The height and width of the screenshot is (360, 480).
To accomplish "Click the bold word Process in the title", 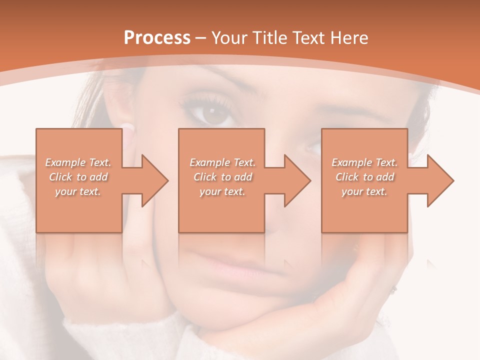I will click(x=157, y=38).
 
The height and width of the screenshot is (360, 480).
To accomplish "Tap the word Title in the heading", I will click(x=268, y=38).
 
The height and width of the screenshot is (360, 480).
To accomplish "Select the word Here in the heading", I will click(x=348, y=38).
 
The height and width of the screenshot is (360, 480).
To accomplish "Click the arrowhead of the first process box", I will click(x=152, y=180).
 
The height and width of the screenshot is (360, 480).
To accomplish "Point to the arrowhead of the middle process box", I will click(x=295, y=180).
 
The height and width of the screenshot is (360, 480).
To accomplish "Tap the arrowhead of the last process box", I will click(x=438, y=180).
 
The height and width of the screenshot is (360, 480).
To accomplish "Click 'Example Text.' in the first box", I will click(x=78, y=162).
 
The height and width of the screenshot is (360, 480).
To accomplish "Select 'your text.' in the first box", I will click(x=78, y=191).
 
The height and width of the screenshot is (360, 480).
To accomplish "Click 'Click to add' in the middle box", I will click(x=222, y=177).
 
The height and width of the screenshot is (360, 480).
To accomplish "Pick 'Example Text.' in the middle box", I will click(x=222, y=162).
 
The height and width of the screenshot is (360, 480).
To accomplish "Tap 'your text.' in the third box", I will click(x=364, y=191).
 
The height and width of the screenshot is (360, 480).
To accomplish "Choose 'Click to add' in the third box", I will click(x=364, y=177).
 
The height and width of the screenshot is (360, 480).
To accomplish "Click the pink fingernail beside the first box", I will click(x=128, y=131).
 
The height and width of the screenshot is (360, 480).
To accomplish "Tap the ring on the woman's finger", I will click(x=394, y=289).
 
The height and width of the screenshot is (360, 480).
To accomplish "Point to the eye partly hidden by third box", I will click(x=313, y=147).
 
